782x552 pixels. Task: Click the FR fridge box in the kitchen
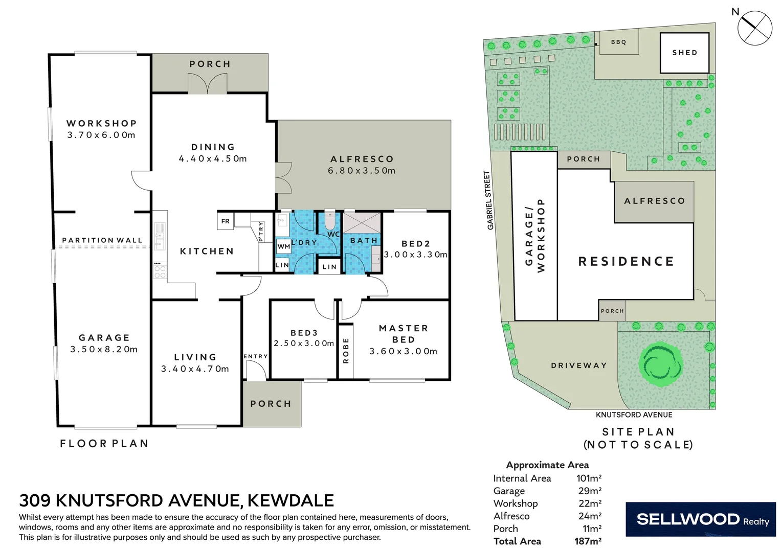point(225,221)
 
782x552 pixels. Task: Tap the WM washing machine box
point(283,246)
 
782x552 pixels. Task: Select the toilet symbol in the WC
point(330,222)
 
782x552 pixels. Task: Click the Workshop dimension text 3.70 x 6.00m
point(101,135)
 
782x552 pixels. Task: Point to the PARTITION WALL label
point(102,240)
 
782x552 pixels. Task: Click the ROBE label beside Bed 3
point(346,351)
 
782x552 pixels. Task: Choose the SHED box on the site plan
point(684,53)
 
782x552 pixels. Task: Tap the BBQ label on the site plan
point(618,42)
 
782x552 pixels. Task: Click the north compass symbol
point(754,28)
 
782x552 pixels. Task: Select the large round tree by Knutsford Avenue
point(661,364)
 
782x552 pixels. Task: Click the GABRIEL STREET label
point(489,200)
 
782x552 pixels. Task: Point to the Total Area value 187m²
point(588,541)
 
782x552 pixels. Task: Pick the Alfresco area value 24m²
point(590,516)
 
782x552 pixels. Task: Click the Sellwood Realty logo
point(700,520)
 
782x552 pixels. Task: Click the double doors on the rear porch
point(207,84)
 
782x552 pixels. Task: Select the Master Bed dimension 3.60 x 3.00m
point(403,351)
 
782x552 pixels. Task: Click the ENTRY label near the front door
point(255,356)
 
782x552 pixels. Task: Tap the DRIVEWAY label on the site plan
point(578,365)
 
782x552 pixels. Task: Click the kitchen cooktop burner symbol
point(160,271)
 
